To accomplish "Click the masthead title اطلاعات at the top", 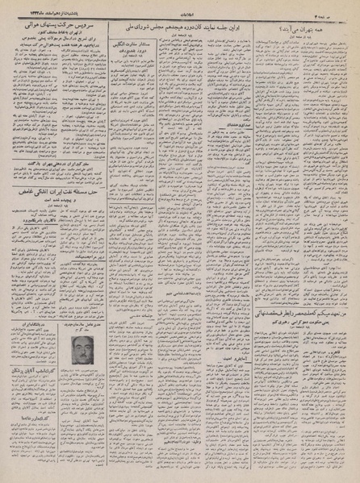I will click(x=180, y=11).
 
